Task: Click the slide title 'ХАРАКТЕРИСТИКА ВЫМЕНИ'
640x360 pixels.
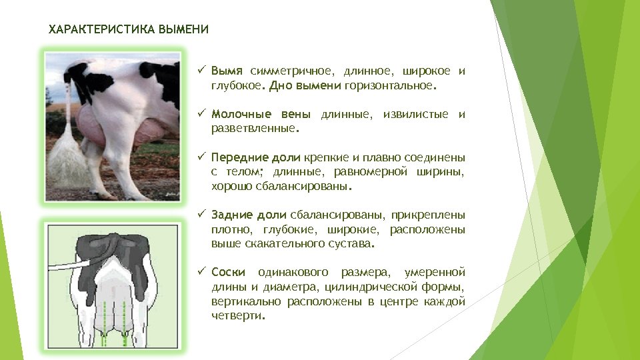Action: tap(129, 29)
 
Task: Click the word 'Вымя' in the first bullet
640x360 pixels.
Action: tap(227, 71)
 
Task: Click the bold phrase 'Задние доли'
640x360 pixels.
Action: tap(249, 215)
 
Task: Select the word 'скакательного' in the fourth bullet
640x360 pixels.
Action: tap(270, 245)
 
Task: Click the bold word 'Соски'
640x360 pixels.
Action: tap(228, 273)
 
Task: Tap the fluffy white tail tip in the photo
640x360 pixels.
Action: tap(65, 163)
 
